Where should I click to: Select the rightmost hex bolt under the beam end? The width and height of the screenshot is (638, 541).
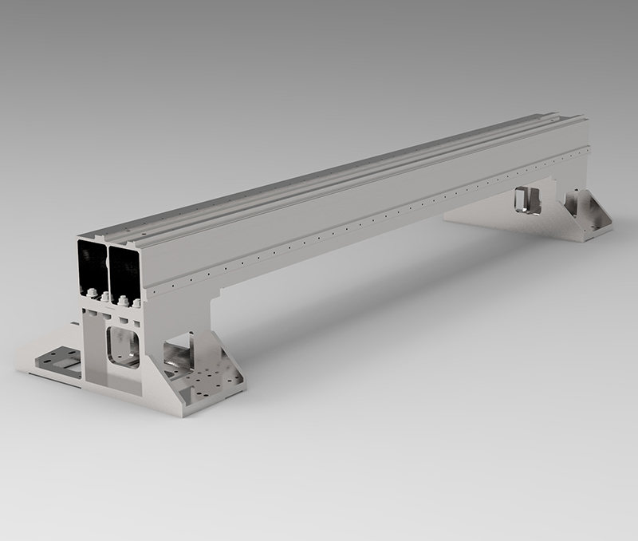137,302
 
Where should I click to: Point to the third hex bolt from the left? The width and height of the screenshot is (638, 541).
124,300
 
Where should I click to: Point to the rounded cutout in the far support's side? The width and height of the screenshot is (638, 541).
527,199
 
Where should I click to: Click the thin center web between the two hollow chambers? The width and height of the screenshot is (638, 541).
108,267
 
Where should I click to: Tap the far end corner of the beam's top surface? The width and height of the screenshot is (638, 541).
585,117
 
